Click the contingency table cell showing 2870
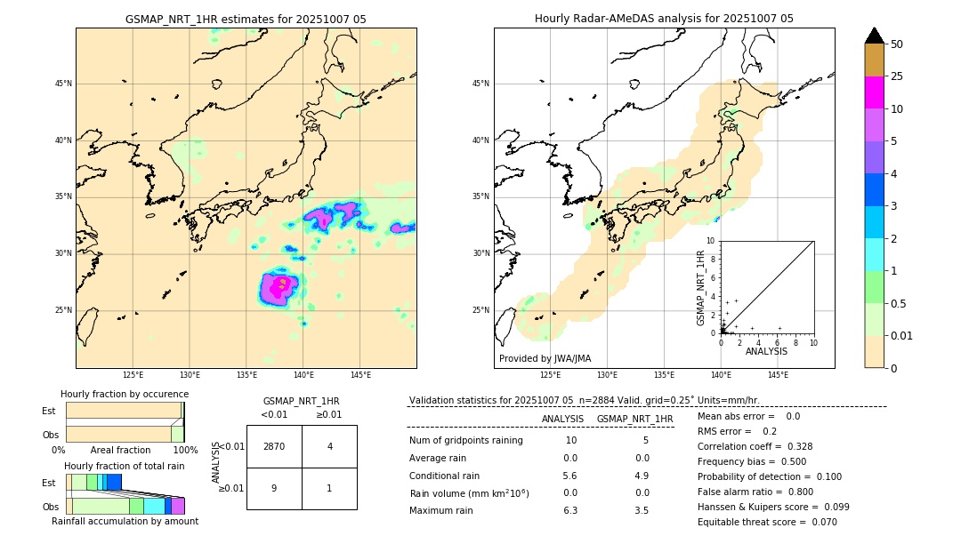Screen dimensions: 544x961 pyautogui.click(x=274, y=446)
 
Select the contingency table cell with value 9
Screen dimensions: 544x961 pyautogui.click(x=274, y=488)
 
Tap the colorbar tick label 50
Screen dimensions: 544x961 pyautogui.click(x=897, y=44)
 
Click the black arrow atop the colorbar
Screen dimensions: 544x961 pyautogui.click(x=875, y=36)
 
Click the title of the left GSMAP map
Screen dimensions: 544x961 pyautogui.click(x=246, y=19)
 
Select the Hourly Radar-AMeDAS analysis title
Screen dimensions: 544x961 pyautogui.click(x=664, y=19)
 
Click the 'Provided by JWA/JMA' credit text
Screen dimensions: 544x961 pyautogui.click(x=545, y=358)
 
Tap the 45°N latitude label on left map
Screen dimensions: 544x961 pyautogui.click(x=63, y=84)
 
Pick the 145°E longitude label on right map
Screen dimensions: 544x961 pyautogui.click(x=778, y=375)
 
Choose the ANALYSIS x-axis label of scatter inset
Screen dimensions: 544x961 pyautogui.click(x=766, y=351)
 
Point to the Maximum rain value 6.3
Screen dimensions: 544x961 pyautogui.click(x=570, y=510)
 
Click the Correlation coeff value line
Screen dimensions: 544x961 pyautogui.click(x=755, y=446)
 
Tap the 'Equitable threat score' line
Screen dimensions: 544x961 pyautogui.click(x=767, y=522)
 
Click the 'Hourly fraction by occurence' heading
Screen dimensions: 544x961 pyautogui.click(x=125, y=394)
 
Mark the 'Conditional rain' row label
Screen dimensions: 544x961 pyautogui.click(x=445, y=476)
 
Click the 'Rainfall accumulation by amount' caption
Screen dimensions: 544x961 pyautogui.click(x=125, y=521)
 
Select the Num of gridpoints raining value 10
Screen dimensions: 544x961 pyautogui.click(x=570, y=440)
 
